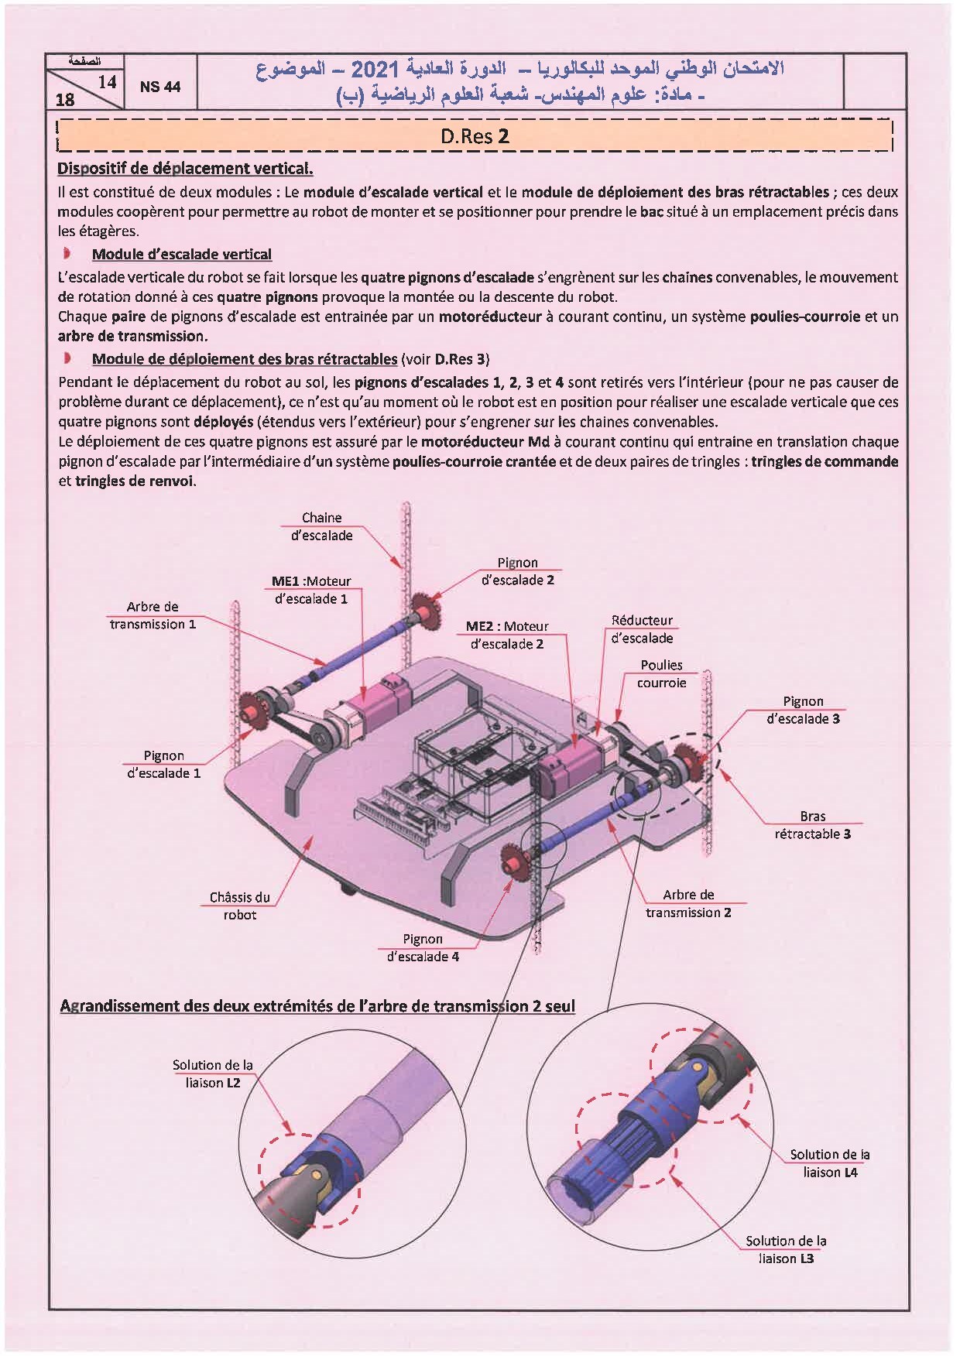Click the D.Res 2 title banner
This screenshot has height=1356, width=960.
475,136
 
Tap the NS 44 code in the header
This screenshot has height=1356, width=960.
160,87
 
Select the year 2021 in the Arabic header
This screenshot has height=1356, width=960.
375,70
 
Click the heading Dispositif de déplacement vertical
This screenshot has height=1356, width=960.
185,168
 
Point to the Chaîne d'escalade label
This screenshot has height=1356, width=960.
321,526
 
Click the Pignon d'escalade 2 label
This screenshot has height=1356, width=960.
517,571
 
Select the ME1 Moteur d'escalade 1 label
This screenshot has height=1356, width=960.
311,590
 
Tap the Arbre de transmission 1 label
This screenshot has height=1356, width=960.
153,615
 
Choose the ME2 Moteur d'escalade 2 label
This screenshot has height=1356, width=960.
507,635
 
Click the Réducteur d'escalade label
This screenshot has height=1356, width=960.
642,629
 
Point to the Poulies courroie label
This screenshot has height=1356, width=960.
661,673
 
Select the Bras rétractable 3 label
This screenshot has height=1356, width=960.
812,825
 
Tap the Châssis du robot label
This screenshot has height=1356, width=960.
240,906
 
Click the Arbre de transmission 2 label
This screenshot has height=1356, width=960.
688,903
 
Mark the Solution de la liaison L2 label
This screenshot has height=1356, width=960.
213,1073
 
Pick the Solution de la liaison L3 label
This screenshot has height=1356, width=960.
786,1249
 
